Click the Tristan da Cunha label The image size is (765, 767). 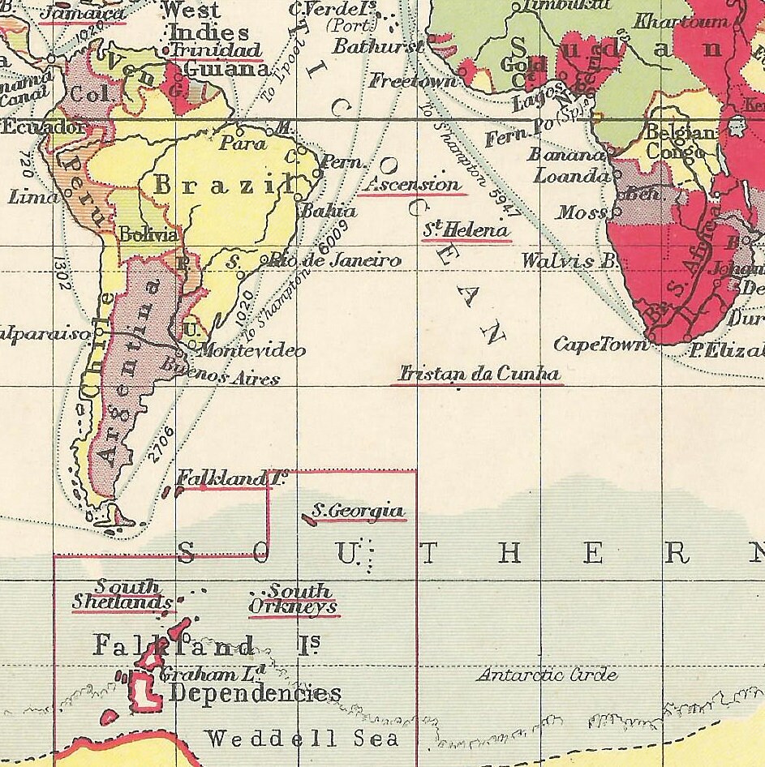pyautogui.click(x=479, y=374)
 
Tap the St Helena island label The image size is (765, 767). pyautogui.click(x=466, y=230)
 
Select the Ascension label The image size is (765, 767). pyautogui.click(x=413, y=184)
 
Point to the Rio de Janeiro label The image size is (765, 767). pyautogui.click(x=336, y=260)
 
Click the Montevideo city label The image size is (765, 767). pyautogui.click(x=252, y=350)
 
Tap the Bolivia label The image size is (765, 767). pyautogui.click(x=148, y=235)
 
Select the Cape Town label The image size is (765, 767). pyautogui.click(x=601, y=345)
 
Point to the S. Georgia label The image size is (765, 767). pyautogui.click(x=358, y=512)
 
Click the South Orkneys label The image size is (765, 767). pyautogui.click(x=293, y=599)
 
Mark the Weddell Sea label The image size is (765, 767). pyautogui.click(x=302, y=739)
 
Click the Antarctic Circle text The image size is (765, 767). pyautogui.click(x=547, y=675)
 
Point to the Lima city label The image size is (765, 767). pyautogui.click(x=32, y=196)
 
